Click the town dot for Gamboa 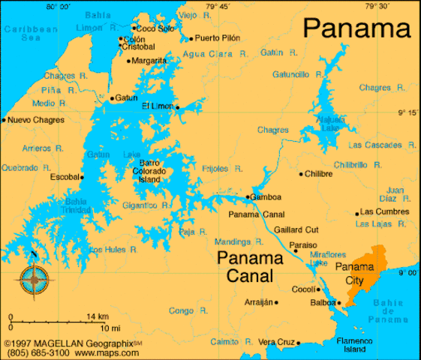click(x=248, y=197)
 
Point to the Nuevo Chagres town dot click(x=4, y=119)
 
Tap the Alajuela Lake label click(x=329, y=123)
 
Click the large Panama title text click(x=358, y=28)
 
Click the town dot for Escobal click(x=82, y=177)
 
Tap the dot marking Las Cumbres click(x=356, y=212)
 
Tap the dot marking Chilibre click(x=301, y=174)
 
